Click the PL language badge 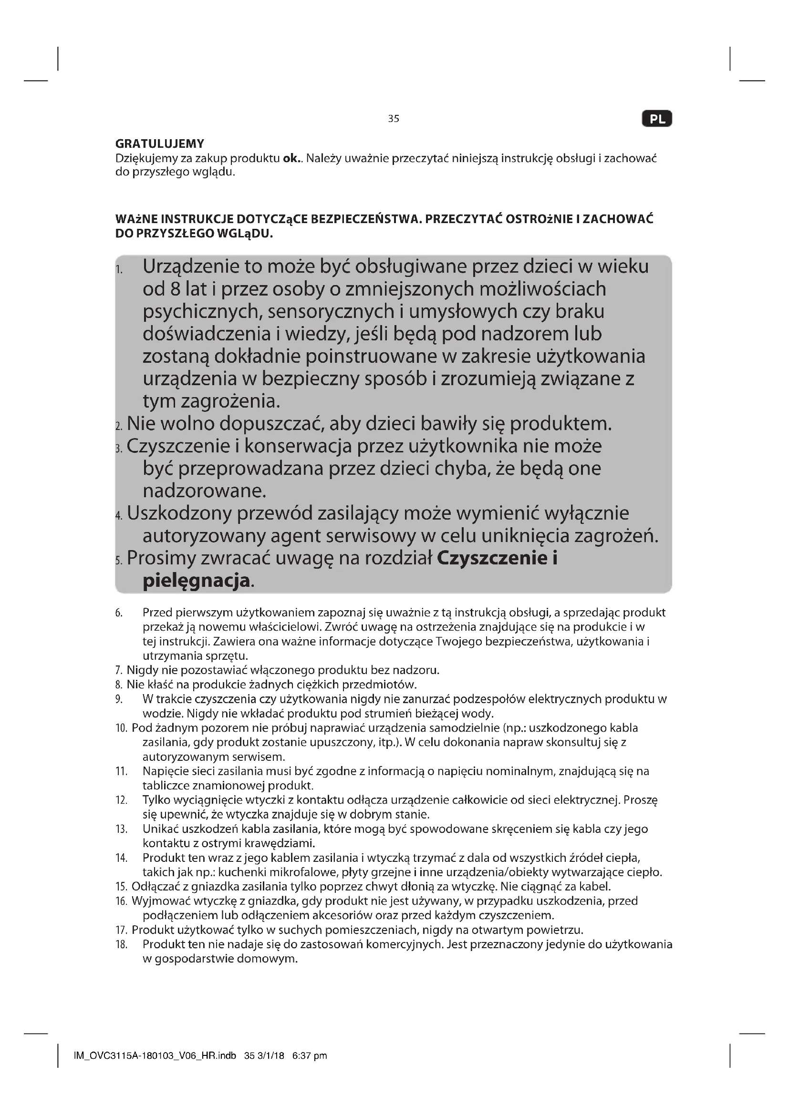[657, 119]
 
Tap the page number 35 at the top [394, 119]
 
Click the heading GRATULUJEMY [160, 144]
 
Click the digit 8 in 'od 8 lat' [175, 289]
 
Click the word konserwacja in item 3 [298, 446]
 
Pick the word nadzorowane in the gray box [204, 491]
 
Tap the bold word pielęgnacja [197, 581]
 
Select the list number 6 [119, 614]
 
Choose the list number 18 [122, 944]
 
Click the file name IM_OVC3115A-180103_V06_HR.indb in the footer [155, 1056]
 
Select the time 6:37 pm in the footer [310, 1056]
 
